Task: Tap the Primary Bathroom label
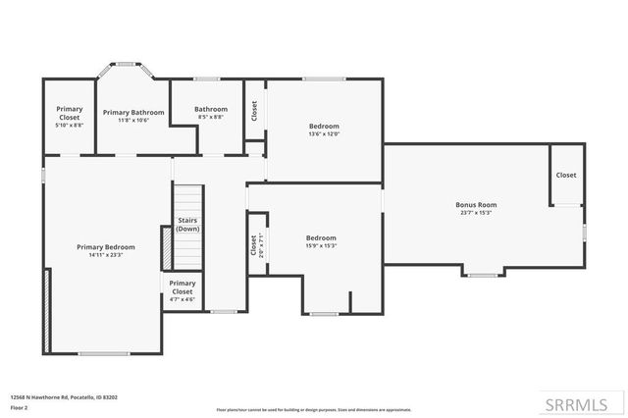pyautogui.click(x=133, y=113)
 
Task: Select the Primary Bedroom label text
pyautogui.click(x=106, y=247)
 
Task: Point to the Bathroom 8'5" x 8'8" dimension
pyautogui.click(x=211, y=117)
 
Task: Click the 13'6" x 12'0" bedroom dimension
pyautogui.click(x=324, y=133)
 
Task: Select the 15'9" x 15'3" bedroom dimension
pyautogui.click(x=321, y=245)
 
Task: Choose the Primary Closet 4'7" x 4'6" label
pyautogui.click(x=183, y=291)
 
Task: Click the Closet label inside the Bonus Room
pyautogui.click(x=566, y=175)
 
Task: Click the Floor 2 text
pyautogui.click(x=20, y=408)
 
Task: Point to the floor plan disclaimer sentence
pyautogui.click(x=314, y=408)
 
